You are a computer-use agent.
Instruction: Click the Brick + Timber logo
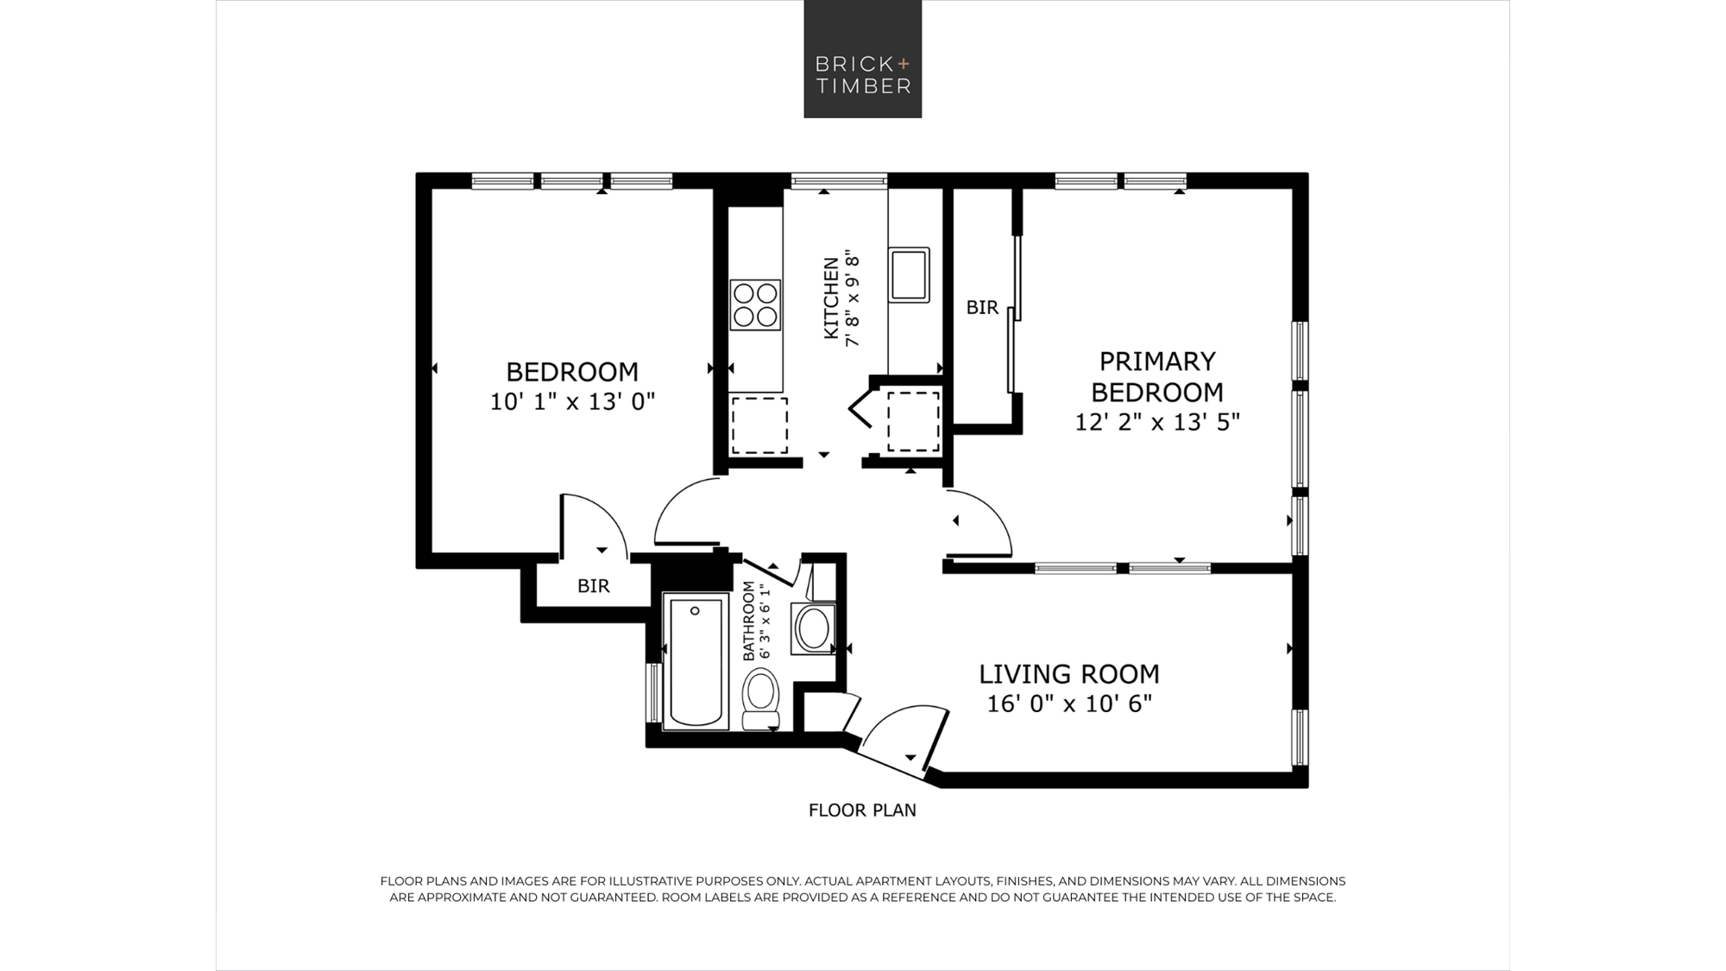[x=863, y=59]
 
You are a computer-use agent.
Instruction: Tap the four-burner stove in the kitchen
[x=755, y=305]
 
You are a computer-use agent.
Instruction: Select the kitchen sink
[x=909, y=274]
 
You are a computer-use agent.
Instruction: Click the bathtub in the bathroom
[x=696, y=661]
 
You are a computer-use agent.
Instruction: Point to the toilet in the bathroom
[x=760, y=699]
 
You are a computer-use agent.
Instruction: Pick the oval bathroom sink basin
[x=813, y=627]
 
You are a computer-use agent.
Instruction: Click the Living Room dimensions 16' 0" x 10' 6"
[x=1069, y=703]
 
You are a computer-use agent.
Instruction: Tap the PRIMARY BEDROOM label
[x=1157, y=376]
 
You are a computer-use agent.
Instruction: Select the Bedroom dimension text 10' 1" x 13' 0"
[x=572, y=401]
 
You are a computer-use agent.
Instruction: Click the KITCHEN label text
[x=831, y=298]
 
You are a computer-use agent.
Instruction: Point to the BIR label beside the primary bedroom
[x=982, y=307]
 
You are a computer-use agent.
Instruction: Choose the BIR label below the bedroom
[x=594, y=586]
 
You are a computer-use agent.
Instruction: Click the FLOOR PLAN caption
[x=862, y=810]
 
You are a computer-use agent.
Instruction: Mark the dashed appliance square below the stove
[x=759, y=426]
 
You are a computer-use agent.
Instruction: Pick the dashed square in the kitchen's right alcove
[x=914, y=421]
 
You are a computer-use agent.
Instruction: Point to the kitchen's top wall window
[x=839, y=180]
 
